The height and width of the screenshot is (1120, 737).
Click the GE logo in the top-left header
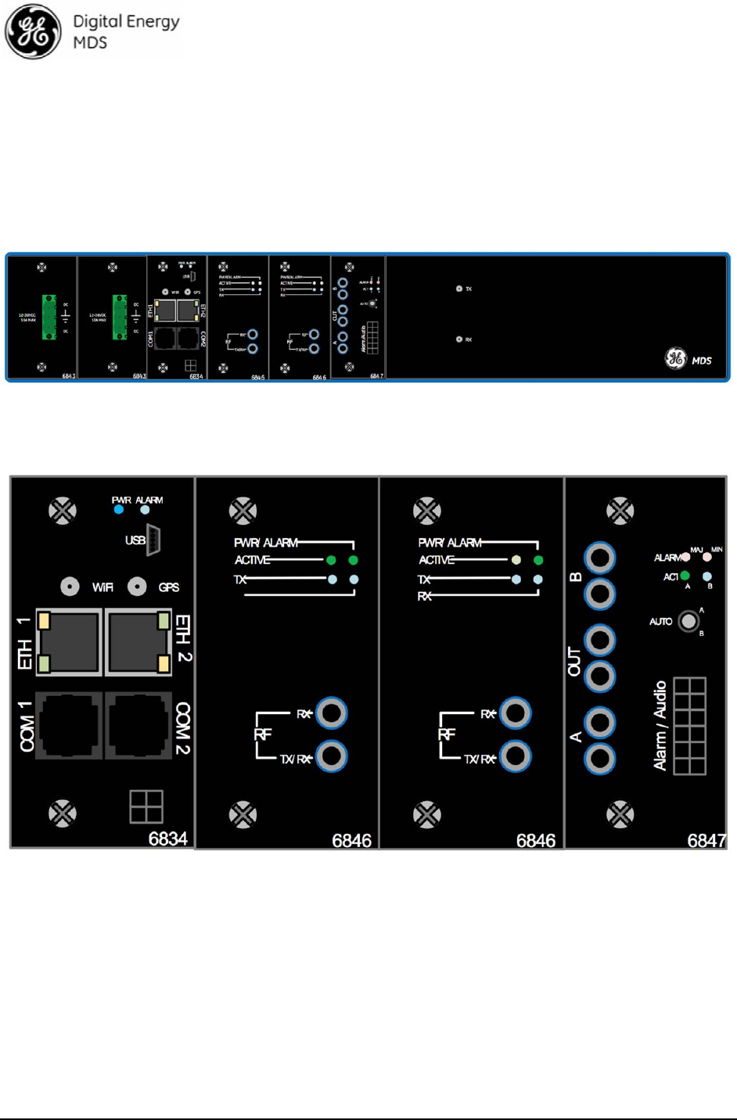pos(33,32)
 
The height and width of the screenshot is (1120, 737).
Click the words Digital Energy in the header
pos(126,22)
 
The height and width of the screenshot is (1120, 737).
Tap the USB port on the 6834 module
pos(153,540)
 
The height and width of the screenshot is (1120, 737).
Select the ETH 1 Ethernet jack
pos(69,641)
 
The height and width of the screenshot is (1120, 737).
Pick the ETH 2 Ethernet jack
pos(138,641)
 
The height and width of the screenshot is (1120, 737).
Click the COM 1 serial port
pos(69,725)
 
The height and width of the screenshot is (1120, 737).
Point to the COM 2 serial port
pos(138,725)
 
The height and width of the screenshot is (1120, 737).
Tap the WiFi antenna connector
pos(70,587)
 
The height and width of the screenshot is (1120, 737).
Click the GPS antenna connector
pos(137,587)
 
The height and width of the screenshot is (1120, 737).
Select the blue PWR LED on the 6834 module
pos(118,510)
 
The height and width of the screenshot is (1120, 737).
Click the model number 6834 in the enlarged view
pos(167,839)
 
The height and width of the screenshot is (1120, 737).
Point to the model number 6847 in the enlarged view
pos(706,841)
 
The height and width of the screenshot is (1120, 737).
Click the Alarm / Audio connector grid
pos(689,726)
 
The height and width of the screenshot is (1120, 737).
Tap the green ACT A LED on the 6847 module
pos(685,576)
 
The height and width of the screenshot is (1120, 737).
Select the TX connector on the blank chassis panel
pos(459,289)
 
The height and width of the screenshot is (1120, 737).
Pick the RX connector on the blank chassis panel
pos(459,339)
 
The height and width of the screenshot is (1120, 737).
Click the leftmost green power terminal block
pos(49,317)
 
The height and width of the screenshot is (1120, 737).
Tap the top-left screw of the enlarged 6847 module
pos(620,512)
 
